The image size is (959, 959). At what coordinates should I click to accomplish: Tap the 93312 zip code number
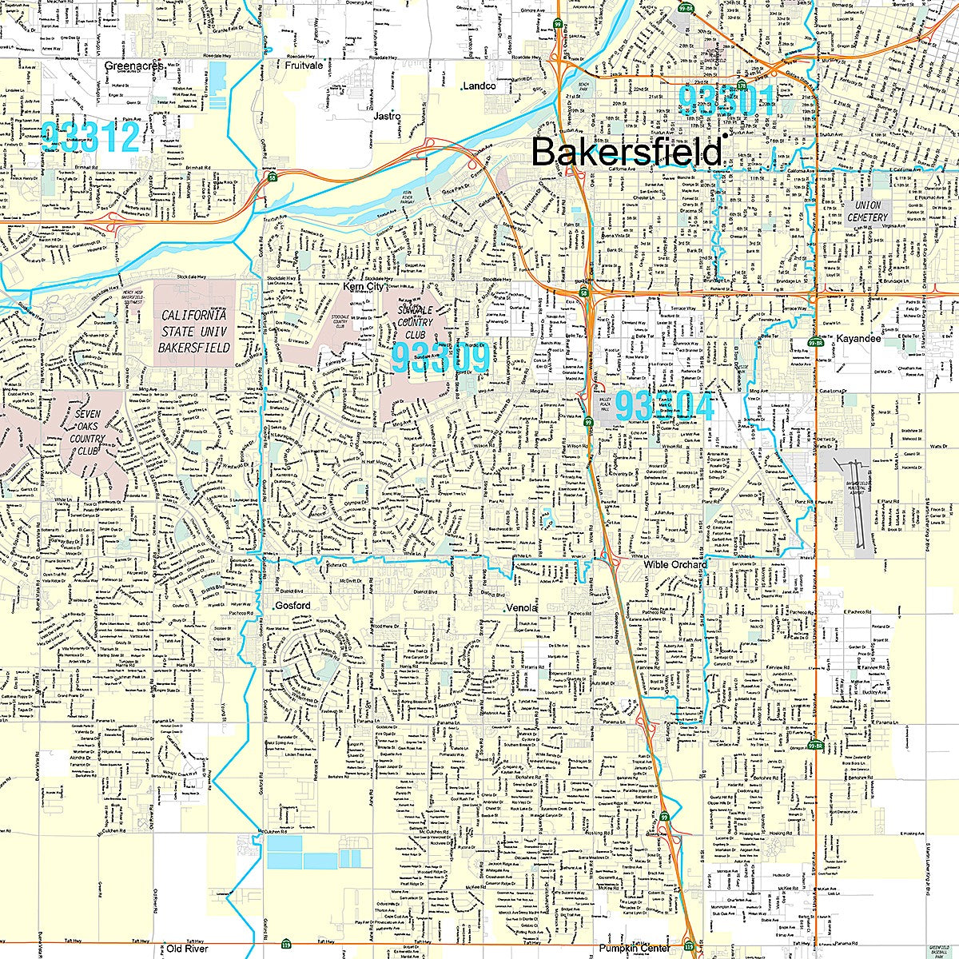[x=90, y=137]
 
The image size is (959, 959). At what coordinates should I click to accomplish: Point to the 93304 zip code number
[x=664, y=406]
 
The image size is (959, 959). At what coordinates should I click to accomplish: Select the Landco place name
[x=479, y=86]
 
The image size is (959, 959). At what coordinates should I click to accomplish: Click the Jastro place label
[x=387, y=116]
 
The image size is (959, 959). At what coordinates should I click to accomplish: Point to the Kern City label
[x=364, y=285]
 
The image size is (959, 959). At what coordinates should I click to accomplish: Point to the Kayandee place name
[x=858, y=339]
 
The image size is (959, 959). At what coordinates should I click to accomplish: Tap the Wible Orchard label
[x=675, y=565]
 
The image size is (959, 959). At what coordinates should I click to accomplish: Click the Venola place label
[x=523, y=608]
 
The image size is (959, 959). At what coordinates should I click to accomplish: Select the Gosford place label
[x=292, y=606]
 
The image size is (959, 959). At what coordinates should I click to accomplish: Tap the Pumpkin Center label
[x=635, y=949]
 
